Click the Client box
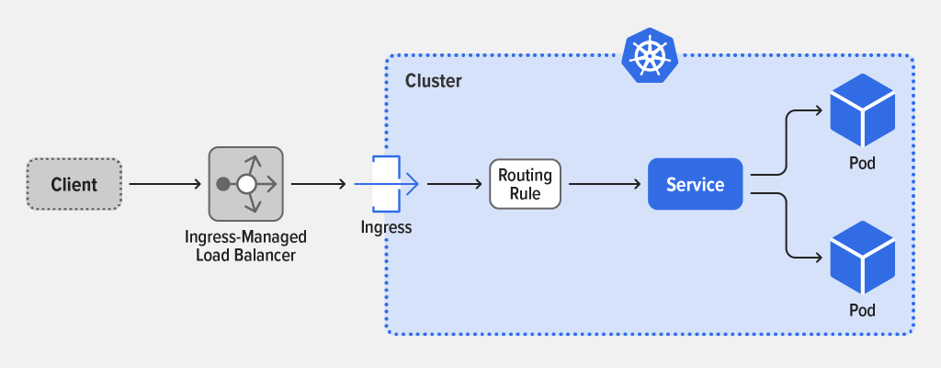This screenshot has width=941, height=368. [x=74, y=184]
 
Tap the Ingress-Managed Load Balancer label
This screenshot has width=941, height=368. [x=245, y=246]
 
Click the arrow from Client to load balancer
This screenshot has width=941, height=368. [x=165, y=184]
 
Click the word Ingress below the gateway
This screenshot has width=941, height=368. [x=386, y=226]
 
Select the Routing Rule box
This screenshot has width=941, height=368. [x=525, y=183]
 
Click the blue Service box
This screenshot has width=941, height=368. [x=695, y=184]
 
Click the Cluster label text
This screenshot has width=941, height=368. [x=434, y=81]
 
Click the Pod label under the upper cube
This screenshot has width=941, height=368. [x=862, y=165]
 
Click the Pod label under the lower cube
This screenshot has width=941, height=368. [x=862, y=308]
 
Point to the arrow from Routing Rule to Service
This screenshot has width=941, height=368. [x=605, y=184]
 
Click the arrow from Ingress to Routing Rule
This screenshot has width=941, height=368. [x=455, y=184]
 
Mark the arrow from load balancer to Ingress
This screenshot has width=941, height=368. [x=318, y=184]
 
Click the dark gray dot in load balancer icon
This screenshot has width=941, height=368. [x=222, y=184]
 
